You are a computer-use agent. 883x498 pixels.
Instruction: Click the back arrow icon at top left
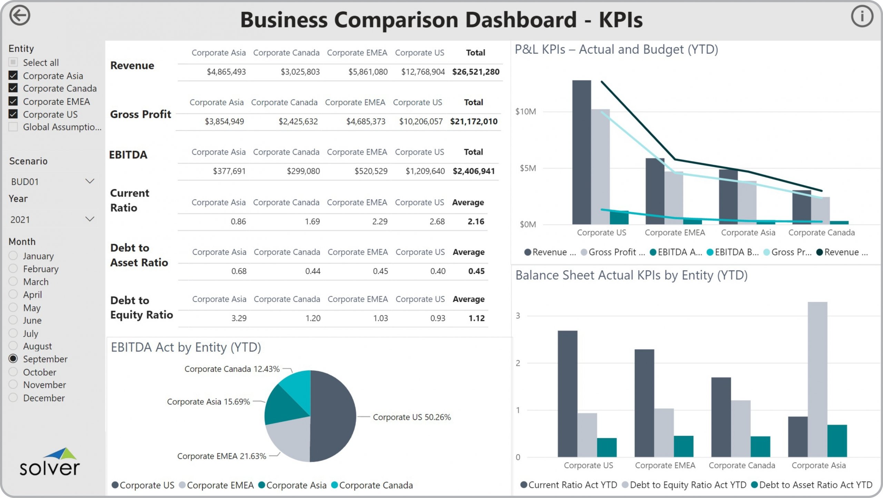20,16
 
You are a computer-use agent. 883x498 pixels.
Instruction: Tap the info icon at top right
862,16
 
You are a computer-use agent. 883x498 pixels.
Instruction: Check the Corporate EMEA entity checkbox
13,101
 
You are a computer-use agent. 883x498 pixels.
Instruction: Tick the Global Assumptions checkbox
13,127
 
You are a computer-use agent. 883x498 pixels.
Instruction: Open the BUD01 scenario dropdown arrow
90,182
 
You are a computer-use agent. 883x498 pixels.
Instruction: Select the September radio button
13,359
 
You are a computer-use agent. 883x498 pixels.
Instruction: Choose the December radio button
13,398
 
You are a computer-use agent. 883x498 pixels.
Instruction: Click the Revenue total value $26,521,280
476,72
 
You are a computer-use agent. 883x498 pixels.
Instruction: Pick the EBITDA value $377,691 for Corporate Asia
229,171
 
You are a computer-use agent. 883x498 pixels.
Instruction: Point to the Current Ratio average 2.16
476,222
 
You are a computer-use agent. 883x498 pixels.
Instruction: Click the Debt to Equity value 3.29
239,318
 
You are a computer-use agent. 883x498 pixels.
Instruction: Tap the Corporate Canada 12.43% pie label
232,369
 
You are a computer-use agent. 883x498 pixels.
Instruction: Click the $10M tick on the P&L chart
525,111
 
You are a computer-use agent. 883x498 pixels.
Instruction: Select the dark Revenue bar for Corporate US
582,152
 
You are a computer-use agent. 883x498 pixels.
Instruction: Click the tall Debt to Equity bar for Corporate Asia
817,380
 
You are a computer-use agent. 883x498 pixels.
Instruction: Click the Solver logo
50,462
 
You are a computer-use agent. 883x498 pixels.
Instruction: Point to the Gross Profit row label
140,114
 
